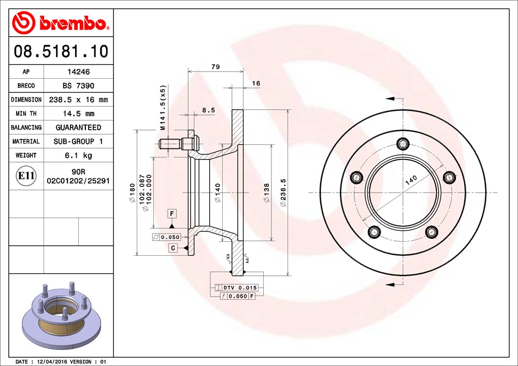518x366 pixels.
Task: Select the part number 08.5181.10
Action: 61,52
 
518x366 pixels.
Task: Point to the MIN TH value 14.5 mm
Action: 78,113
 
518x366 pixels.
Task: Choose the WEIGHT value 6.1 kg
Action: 78,155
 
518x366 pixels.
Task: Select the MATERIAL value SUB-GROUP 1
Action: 78,141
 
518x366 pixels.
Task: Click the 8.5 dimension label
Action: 208,110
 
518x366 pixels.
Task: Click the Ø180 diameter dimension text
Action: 133,193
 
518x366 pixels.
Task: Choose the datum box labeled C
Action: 172,248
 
